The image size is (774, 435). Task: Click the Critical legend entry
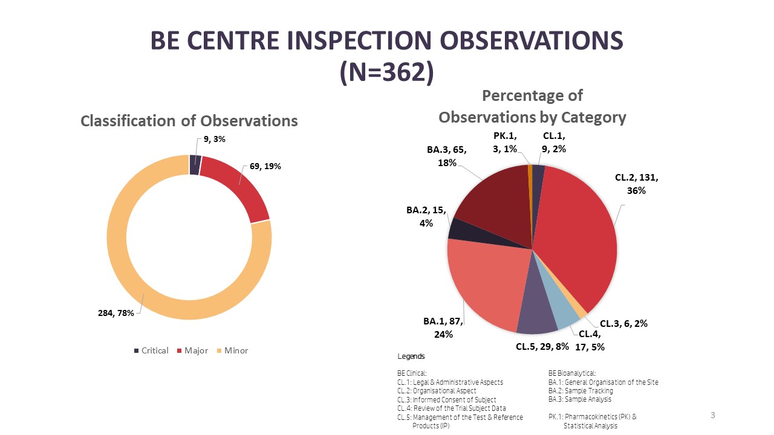[151, 350]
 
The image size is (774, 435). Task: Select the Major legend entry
[192, 350]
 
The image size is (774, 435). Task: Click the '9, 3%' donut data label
[215, 139]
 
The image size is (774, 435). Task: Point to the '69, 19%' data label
[265, 166]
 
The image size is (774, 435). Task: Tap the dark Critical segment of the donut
[195, 164]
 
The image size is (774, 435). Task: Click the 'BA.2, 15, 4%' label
[426, 216]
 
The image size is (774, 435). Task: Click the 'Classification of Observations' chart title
[189, 121]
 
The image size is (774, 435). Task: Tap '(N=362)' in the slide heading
[386, 72]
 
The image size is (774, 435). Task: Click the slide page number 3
[712, 415]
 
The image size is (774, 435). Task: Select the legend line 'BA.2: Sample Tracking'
[580, 391]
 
